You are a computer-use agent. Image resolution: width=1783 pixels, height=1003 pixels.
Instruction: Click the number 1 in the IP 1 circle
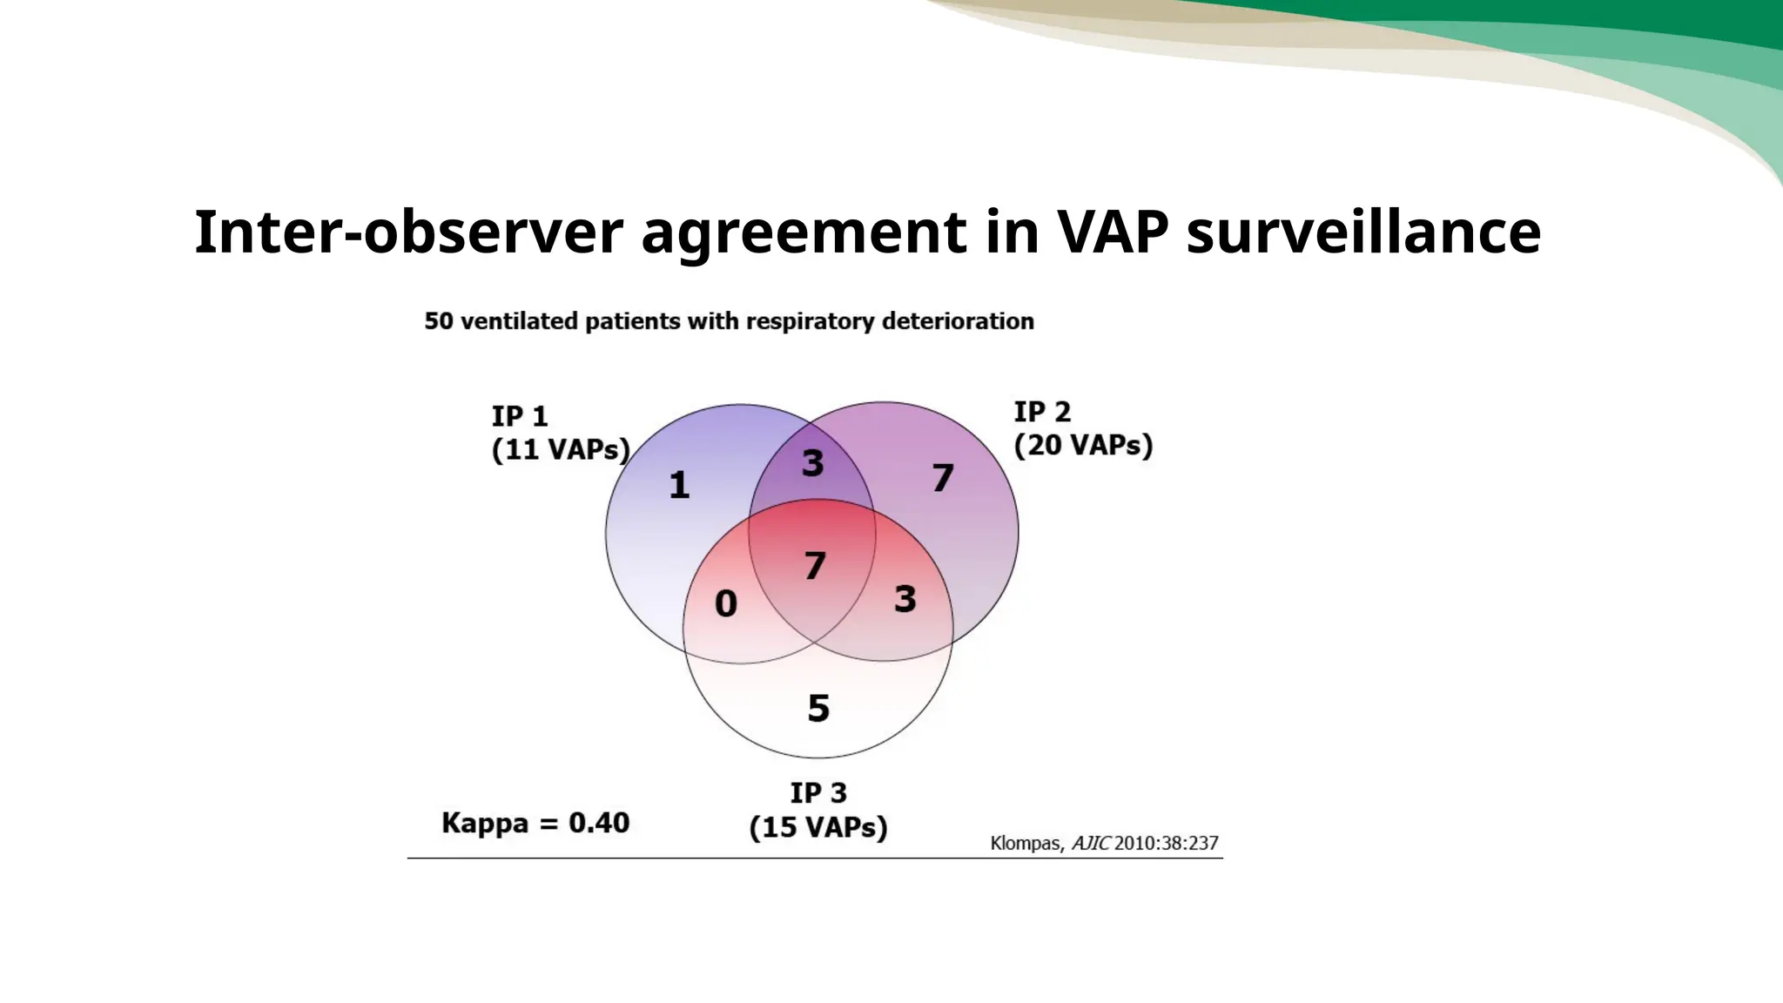[679, 485]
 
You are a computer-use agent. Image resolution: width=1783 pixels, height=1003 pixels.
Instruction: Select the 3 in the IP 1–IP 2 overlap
[812, 463]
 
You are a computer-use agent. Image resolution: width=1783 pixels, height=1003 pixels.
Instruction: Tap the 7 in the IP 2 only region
[943, 478]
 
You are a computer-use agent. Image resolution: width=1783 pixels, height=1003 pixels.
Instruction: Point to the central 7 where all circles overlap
[815, 566]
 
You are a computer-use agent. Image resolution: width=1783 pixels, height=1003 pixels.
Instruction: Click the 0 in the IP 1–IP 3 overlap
[726, 603]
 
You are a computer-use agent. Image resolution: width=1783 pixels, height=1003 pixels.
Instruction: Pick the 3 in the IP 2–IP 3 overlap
[905, 599]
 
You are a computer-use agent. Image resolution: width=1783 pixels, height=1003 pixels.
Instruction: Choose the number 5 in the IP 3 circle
[818, 709]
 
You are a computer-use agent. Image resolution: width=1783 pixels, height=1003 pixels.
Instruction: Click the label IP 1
[520, 416]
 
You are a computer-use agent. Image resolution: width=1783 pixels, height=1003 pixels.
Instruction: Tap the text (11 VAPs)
[561, 450]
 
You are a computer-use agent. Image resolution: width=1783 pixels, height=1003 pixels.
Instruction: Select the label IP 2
[1042, 411]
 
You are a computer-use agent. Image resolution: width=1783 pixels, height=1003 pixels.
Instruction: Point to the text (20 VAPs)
[1083, 445]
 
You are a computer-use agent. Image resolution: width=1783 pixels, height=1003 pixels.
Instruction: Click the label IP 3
[818, 793]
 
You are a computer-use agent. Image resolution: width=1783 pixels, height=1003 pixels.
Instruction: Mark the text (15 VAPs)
[818, 827]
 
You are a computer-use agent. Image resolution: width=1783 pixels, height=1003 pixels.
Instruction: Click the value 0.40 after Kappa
[599, 823]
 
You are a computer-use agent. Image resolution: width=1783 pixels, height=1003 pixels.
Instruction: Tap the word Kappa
[485, 824]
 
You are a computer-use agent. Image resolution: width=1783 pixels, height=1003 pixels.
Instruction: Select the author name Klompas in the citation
[1026, 843]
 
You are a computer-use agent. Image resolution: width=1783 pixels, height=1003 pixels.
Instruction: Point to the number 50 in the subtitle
[439, 321]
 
